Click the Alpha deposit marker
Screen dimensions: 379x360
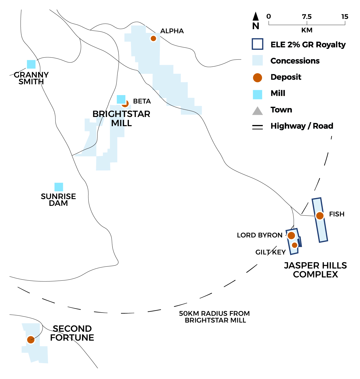point(153,38)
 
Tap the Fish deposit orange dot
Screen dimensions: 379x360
point(320,216)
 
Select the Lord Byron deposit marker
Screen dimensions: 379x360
point(291,235)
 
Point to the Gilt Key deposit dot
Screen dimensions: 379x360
point(295,245)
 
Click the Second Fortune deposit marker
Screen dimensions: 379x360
point(31,340)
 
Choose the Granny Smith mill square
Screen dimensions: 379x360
point(31,64)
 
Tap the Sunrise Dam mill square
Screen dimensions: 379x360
point(59,187)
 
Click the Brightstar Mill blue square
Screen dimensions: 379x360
point(121,99)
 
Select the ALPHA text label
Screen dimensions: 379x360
point(172,31)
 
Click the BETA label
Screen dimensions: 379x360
point(142,101)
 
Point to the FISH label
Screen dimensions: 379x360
point(337,214)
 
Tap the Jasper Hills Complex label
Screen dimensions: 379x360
point(315,270)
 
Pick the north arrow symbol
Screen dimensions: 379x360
point(255,17)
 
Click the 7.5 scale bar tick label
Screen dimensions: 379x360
point(307,17)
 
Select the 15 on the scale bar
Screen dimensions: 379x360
point(345,17)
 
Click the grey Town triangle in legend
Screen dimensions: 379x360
point(257,111)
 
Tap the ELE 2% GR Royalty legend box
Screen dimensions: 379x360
point(257,44)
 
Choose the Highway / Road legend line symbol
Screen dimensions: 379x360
point(257,127)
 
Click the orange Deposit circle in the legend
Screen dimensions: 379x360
point(257,78)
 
